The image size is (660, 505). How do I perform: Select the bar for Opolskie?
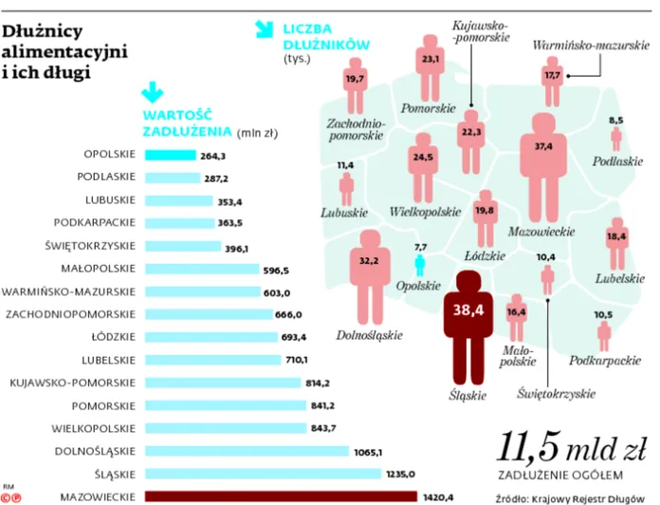coord(170,156)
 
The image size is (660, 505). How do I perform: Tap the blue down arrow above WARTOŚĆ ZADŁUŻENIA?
coord(148,92)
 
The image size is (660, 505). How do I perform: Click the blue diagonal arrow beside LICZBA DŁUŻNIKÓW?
coord(266,32)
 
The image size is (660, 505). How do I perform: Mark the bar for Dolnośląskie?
coord(247,451)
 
